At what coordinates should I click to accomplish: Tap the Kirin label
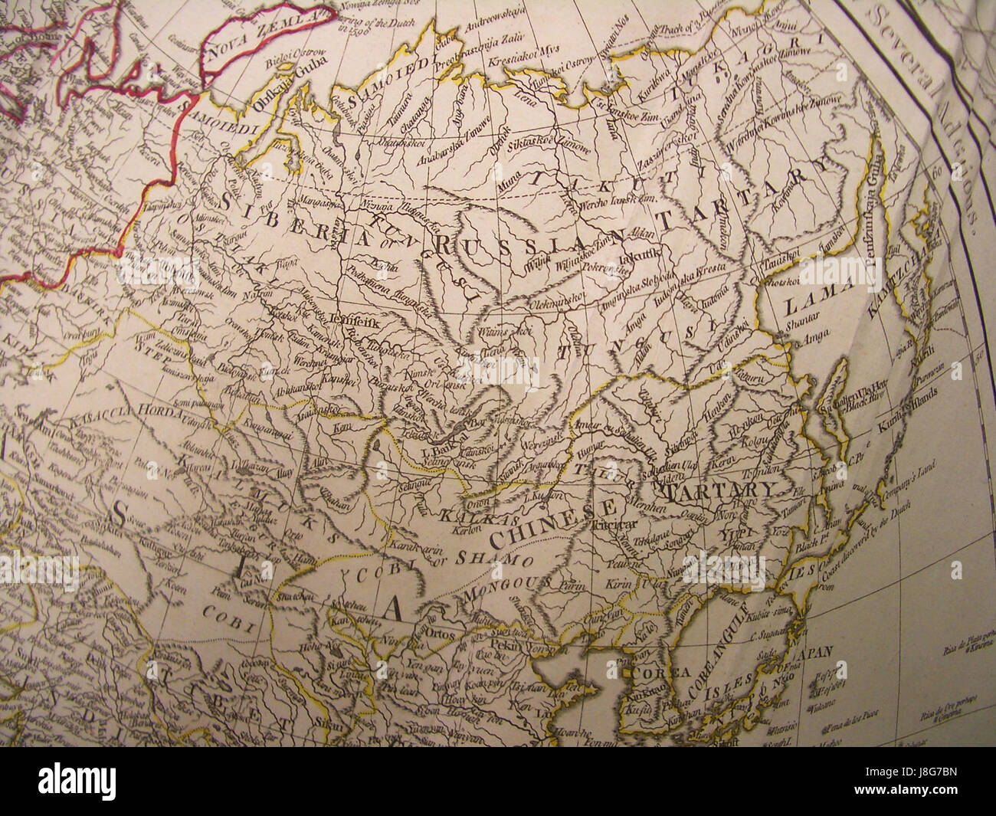point(620,585)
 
